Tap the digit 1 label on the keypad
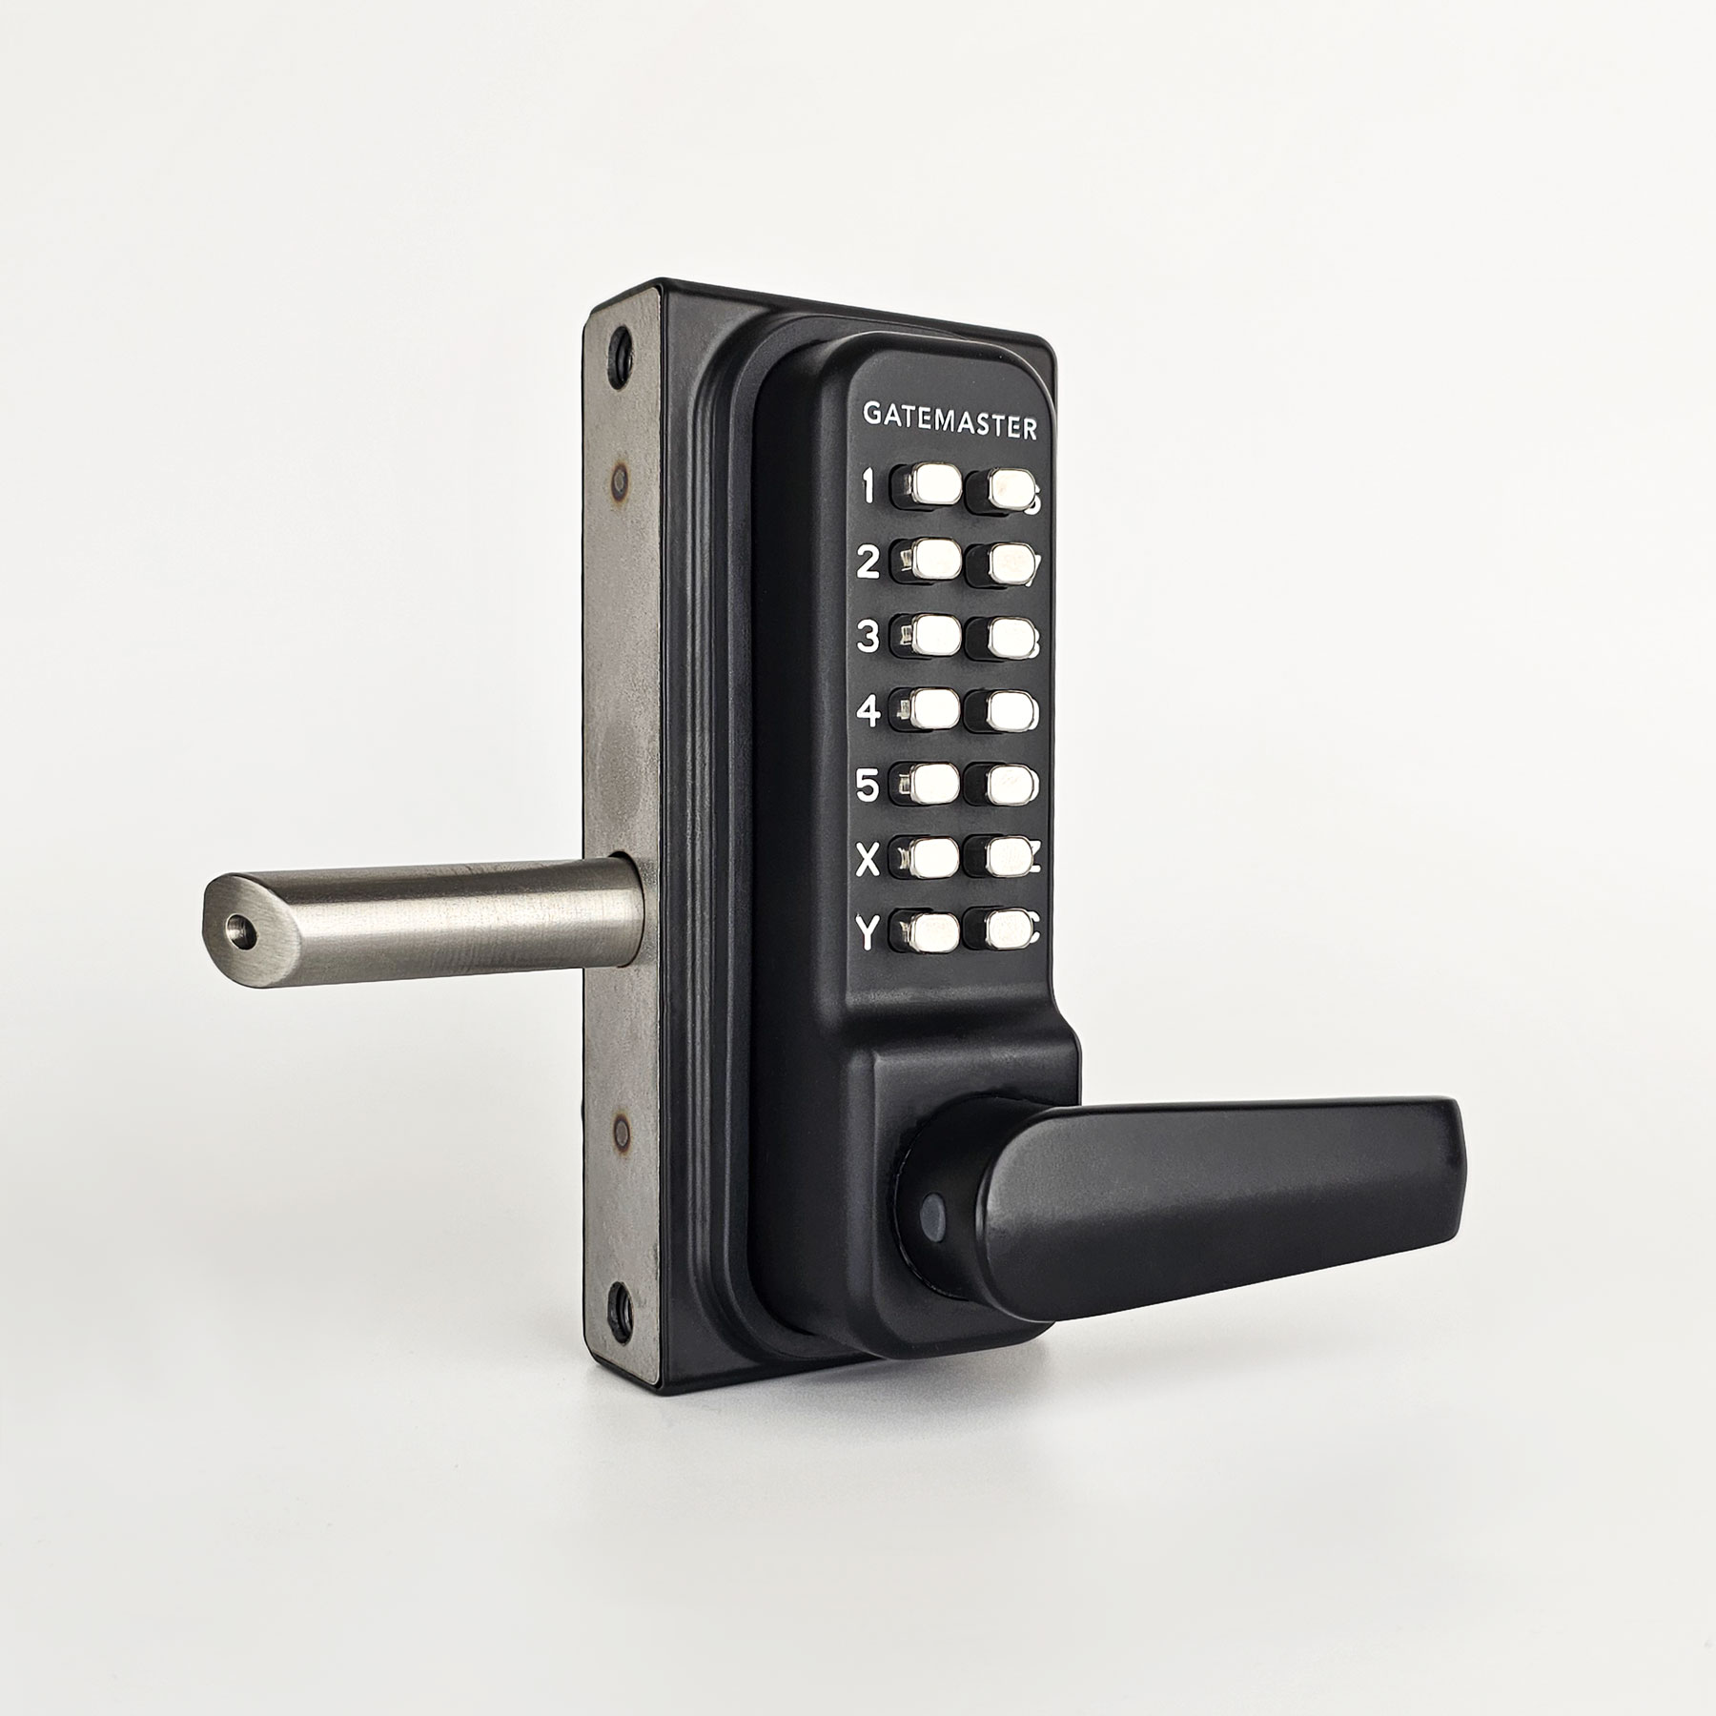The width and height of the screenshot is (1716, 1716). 868,487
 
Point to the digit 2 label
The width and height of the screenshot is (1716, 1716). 868,562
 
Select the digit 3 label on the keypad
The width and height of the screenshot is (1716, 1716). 868,636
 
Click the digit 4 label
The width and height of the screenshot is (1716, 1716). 868,711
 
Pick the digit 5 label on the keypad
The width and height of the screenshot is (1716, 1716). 868,786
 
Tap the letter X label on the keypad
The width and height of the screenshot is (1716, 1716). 868,861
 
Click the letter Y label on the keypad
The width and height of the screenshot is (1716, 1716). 867,935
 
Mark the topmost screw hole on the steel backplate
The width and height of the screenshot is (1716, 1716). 623,342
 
